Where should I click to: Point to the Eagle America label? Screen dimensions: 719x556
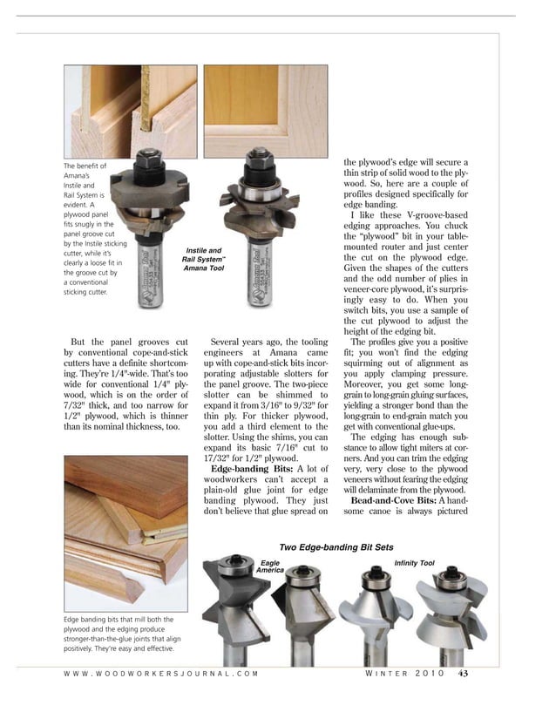(x=270, y=566)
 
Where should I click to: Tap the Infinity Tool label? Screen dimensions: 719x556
(x=414, y=563)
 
